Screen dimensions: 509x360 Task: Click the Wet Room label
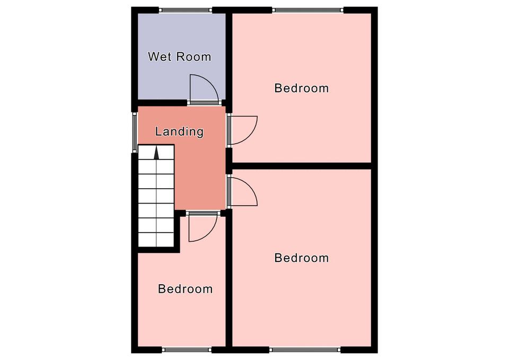pyautogui.click(x=180, y=57)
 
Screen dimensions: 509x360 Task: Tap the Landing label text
pyautogui.click(x=179, y=131)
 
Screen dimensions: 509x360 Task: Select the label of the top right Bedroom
pyautogui.click(x=302, y=88)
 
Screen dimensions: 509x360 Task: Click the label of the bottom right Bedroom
pyautogui.click(x=302, y=258)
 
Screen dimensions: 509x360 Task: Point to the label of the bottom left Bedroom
pyautogui.click(x=186, y=289)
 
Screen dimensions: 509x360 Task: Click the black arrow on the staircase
pyautogui.click(x=156, y=153)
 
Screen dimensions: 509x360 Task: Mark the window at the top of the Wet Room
pyautogui.click(x=186, y=10)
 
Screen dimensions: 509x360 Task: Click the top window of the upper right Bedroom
pyautogui.click(x=308, y=10)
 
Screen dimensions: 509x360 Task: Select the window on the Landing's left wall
pyautogui.click(x=135, y=132)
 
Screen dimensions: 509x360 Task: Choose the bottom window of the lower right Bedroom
pyautogui.click(x=304, y=350)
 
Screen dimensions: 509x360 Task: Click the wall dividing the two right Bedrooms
pyautogui.click(x=302, y=166)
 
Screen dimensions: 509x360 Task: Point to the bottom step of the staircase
pyautogui.click(x=156, y=240)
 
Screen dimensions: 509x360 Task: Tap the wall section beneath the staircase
pyautogui.click(x=159, y=250)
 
